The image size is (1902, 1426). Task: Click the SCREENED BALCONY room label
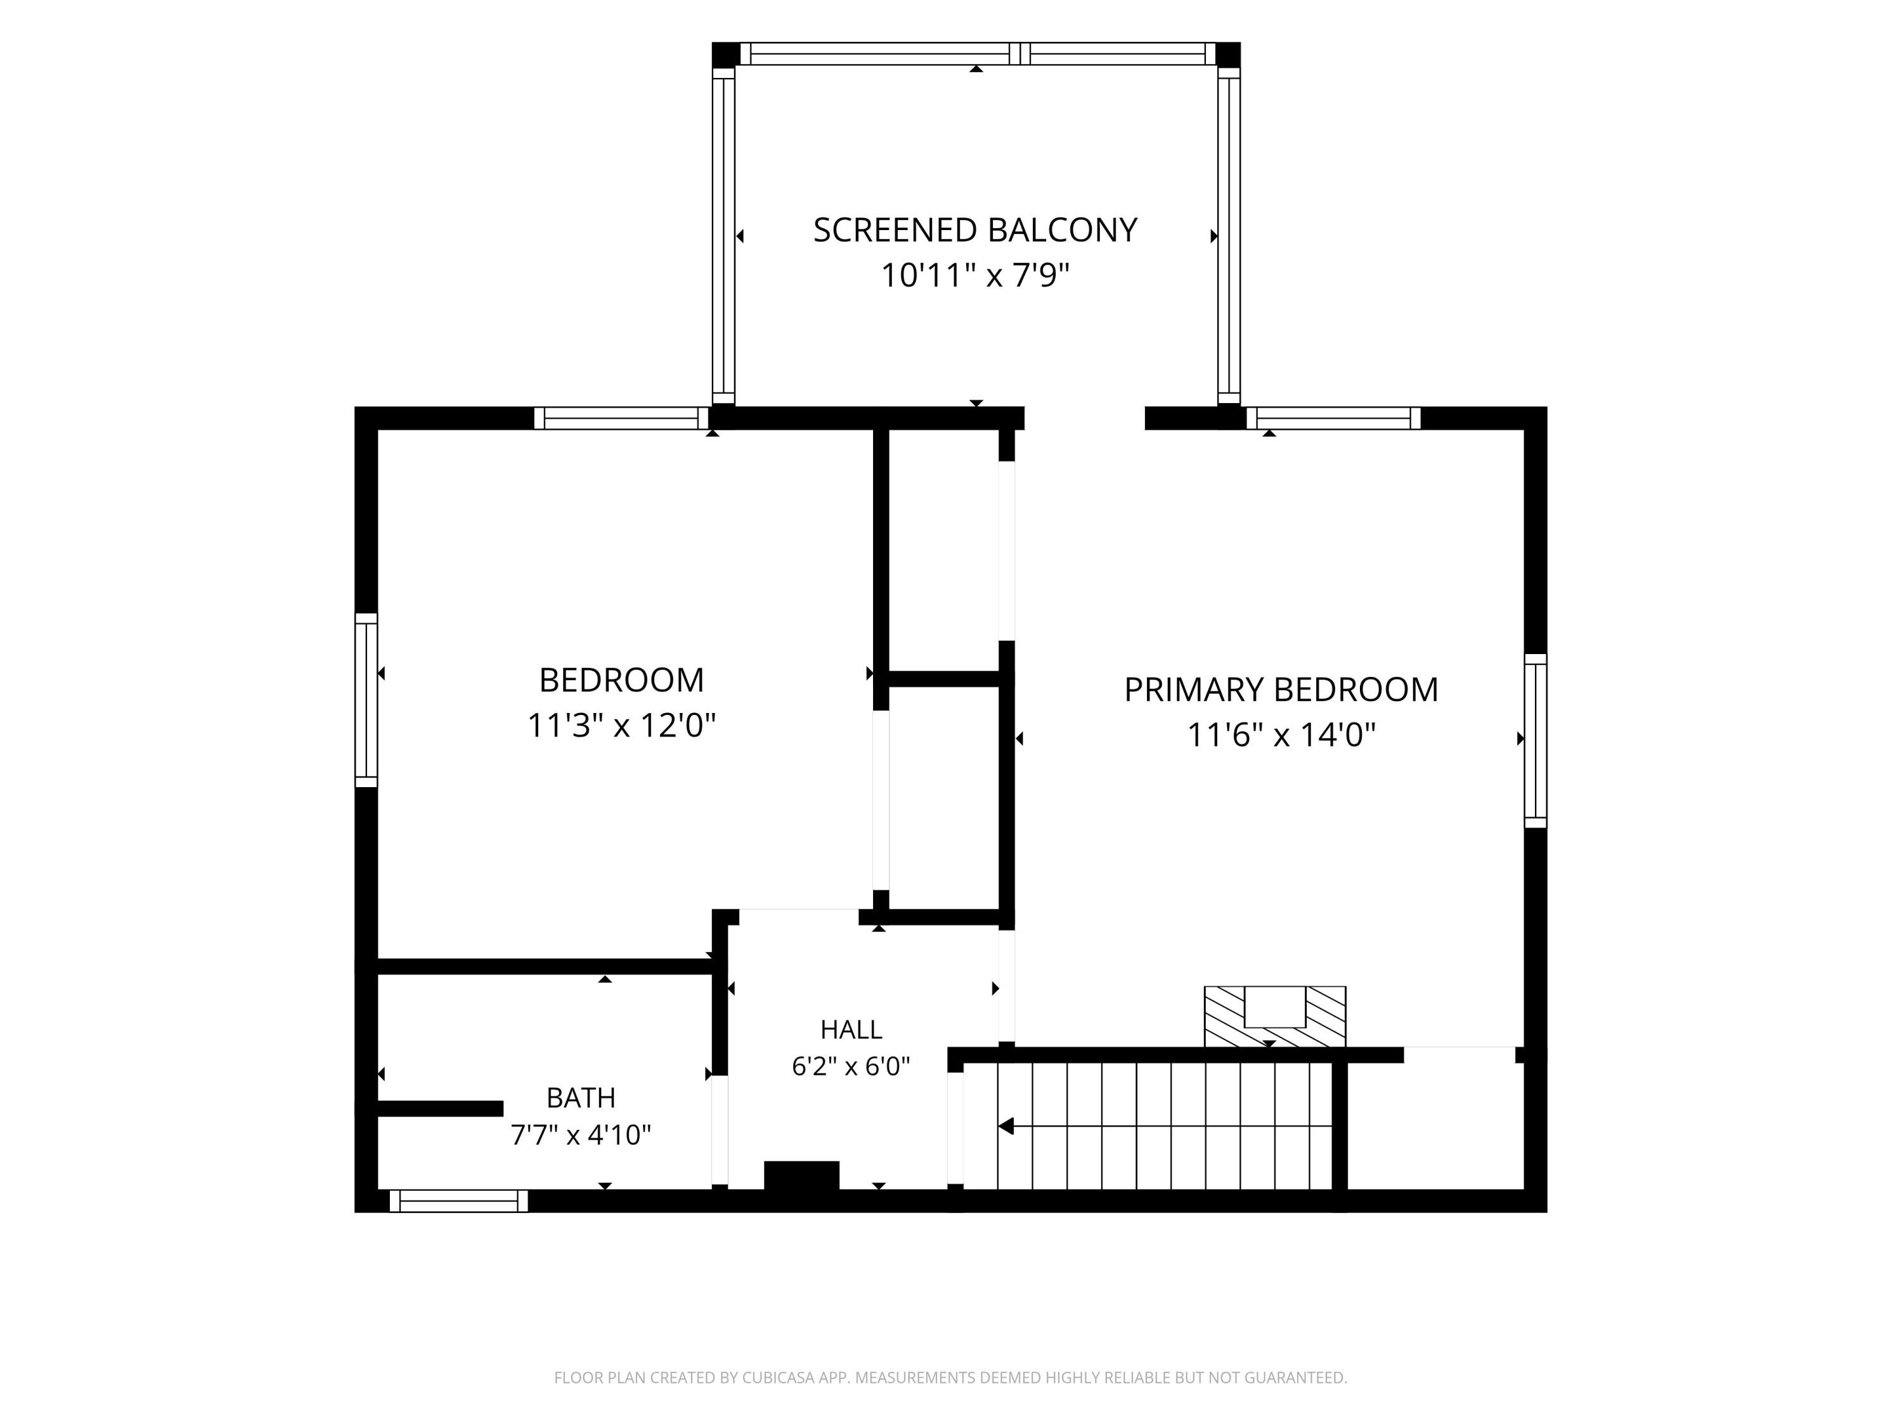tap(975, 230)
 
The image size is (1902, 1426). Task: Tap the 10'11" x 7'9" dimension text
tap(975, 276)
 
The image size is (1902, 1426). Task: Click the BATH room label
tap(581, 1098)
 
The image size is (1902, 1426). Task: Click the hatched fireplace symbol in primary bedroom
tap(1274, 1016)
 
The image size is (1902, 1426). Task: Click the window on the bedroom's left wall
tap(366, 700)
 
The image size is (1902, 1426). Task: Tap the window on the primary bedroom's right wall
tap(1536, 741)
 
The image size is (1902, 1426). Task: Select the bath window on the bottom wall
tap(459, 1201)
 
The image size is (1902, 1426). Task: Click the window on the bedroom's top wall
tap(621, 418)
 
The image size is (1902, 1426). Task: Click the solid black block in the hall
tap(801, 1175)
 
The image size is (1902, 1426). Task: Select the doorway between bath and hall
tap(720, 1129)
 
